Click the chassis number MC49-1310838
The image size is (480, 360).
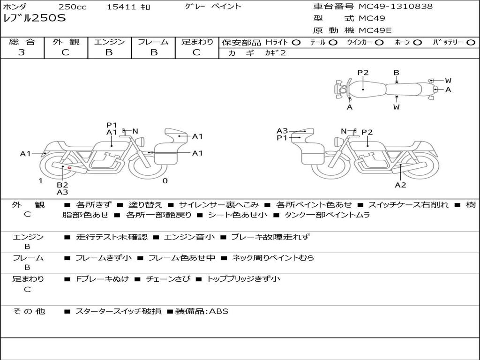coord(396,7)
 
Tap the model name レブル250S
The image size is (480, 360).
coord(35,19)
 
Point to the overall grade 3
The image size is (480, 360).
coord(22,52)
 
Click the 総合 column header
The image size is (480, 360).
coord(22,42)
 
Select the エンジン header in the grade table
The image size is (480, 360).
coord(109,42)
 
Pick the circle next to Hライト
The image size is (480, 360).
coord(296,42)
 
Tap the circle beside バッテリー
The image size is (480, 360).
coord(471,42)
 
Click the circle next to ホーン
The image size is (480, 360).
coord(417,42)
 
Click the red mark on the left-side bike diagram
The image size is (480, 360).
coord(69,167)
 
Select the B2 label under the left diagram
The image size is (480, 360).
coord(62,185)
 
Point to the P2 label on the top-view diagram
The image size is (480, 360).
coord(363,73)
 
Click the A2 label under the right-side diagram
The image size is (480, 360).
coord(400,185)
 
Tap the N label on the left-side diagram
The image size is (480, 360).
coord(135,131)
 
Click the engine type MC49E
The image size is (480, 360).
coord(375,30)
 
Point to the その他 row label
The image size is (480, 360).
coord(29,311)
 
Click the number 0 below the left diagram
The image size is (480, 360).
coord(165,180)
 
